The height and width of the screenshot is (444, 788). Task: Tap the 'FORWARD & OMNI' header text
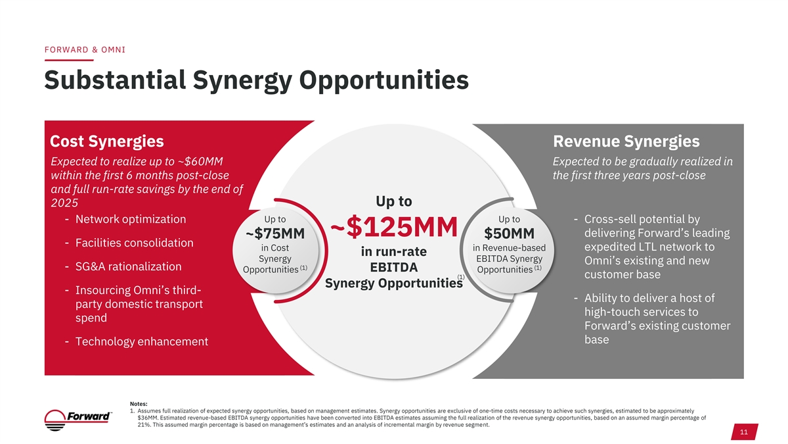[x=85, y=50]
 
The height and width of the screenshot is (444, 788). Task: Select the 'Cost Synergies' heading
[x=107, y=141]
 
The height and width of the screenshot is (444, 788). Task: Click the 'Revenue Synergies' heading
[x=626, y=141]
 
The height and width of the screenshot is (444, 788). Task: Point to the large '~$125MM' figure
[x=393, y=228]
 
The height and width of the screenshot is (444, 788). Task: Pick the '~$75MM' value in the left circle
[x=274, y=234]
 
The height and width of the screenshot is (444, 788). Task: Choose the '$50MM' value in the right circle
[x=509, y=234]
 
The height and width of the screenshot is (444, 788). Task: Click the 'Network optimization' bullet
[x=131, y=219]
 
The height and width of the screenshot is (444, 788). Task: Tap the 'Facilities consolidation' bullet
[x=135, y=243]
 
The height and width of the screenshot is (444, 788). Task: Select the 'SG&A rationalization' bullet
[x=129, y=266]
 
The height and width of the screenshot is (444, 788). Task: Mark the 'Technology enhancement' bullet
[x=142, y=341]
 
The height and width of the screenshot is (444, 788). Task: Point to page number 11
[x=744, y=432]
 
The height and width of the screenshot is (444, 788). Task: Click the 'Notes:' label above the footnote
[x=139, y=403]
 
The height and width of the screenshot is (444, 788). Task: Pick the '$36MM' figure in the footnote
[x=148, y=418]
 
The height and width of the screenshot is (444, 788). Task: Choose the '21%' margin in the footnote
[x=144, y=425]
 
